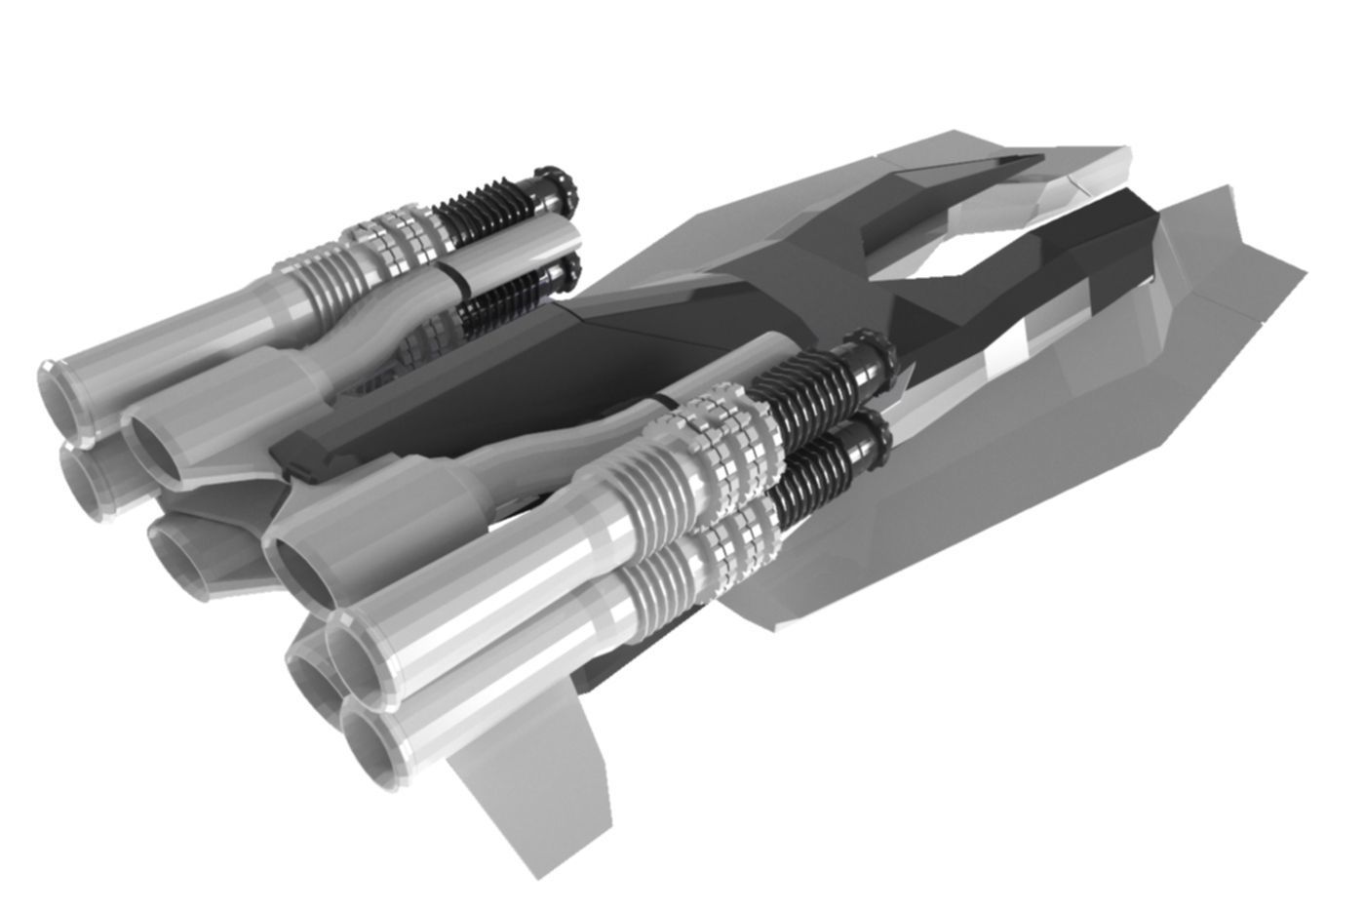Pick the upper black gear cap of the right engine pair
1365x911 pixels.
(x=872, y=353)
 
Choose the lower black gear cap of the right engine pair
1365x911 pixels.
(x=871, y=436)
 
